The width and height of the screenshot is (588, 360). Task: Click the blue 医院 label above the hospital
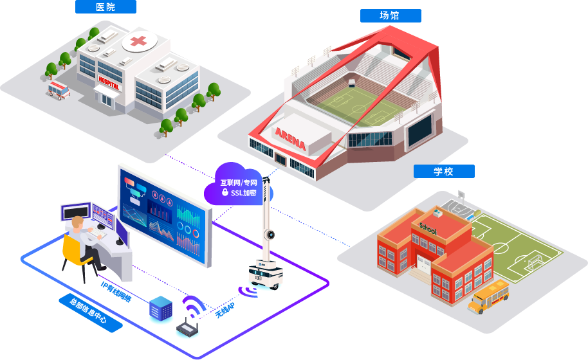pos(106,7)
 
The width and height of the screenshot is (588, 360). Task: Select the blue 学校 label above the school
pos(444,172)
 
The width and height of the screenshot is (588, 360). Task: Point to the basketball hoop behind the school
pos(461,194)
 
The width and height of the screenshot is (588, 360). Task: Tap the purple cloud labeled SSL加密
pos(238,187)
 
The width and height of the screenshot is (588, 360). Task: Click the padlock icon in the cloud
pos(225,192)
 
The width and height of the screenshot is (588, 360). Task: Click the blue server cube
pos(160,309)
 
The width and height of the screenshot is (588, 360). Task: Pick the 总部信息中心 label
pos(91,313)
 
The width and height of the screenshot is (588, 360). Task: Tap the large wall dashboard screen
pos(165,215)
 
